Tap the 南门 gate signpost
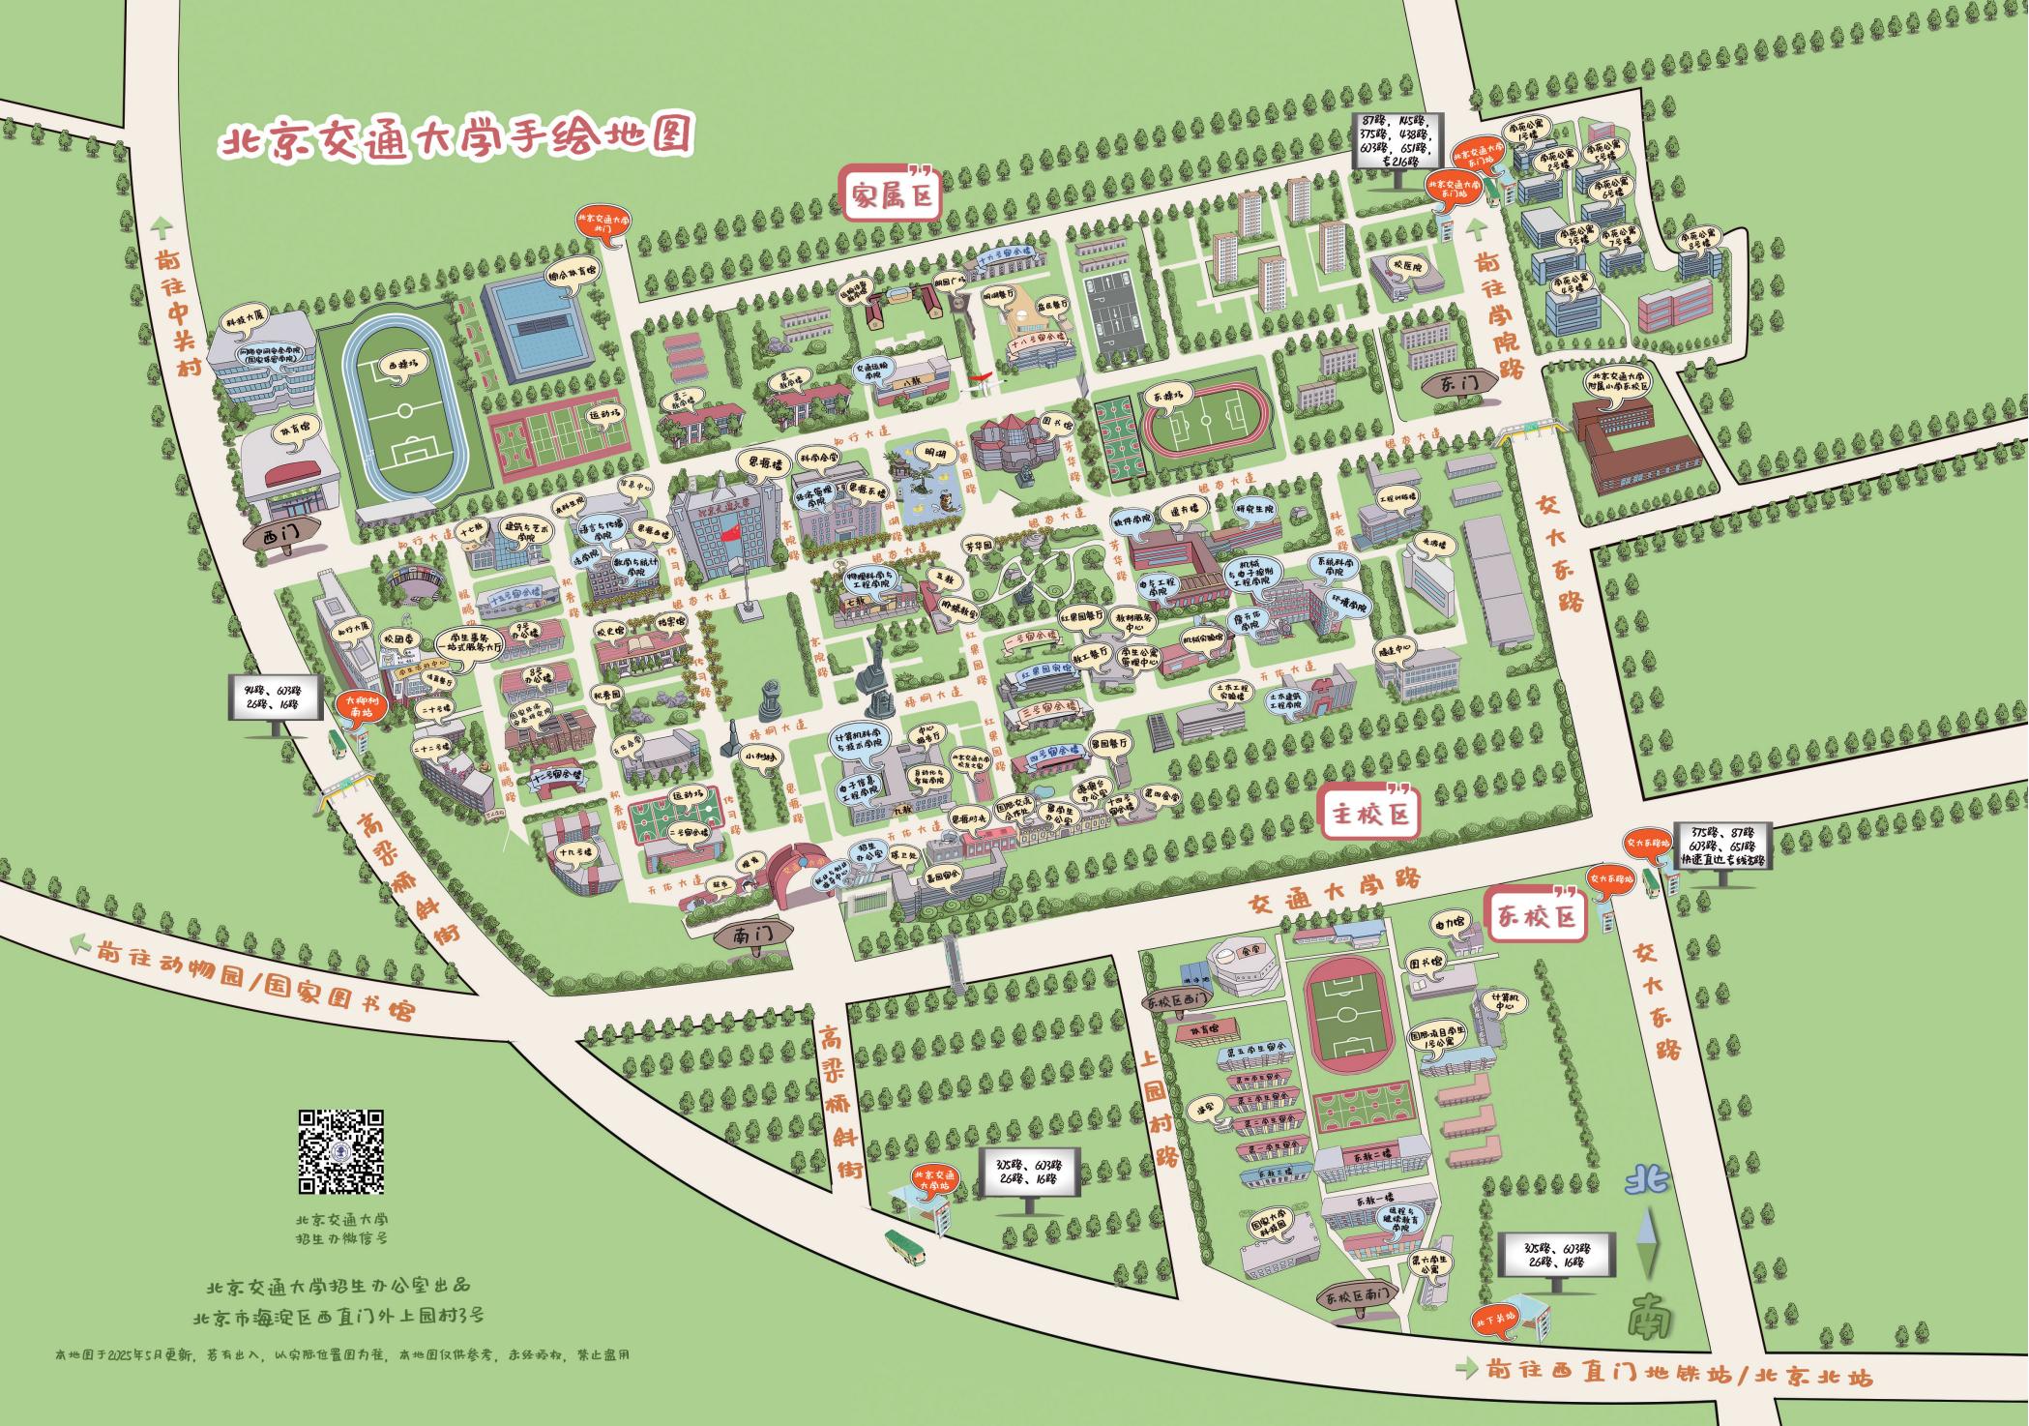[x=752, y=936]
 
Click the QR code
[x=340, y=1150]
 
